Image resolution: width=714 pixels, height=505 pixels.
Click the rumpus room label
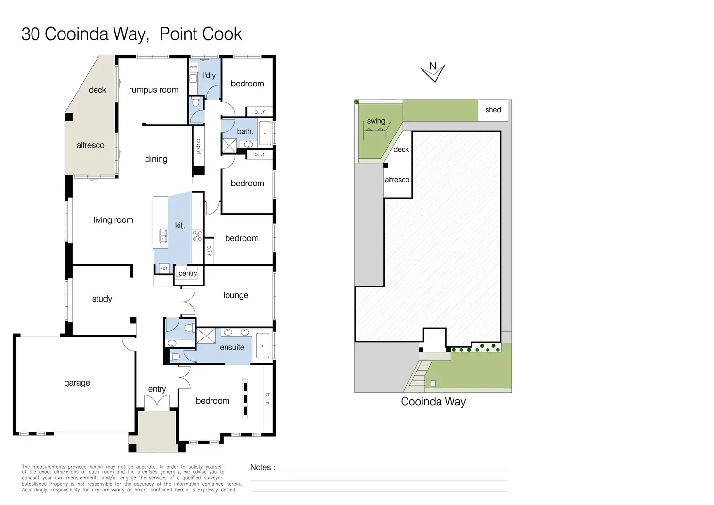point(154,90)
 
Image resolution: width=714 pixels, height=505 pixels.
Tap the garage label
point(77,383)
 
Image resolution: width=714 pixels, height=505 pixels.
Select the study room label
point(102,299)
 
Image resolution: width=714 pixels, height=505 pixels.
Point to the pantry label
point(188,273)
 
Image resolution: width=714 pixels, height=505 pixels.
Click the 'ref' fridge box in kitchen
point(164,269)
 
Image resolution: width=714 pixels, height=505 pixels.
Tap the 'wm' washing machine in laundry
point(194,67)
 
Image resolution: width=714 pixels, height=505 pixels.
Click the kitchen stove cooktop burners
point(197,236)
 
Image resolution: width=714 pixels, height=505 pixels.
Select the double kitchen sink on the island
point(163,236)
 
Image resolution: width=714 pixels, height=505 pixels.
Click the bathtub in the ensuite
point(262,346)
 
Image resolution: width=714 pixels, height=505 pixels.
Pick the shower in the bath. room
point(229,146)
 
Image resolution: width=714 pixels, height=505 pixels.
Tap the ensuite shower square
point(206,336)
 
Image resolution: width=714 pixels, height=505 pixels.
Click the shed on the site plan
point(493,110)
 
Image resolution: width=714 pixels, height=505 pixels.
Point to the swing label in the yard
point(376,121)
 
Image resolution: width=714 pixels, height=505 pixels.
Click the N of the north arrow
point(433,66)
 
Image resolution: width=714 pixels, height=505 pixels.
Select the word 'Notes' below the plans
point(260,467)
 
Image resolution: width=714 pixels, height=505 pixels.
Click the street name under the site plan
point(433,402)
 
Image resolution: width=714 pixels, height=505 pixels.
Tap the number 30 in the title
point(31,34)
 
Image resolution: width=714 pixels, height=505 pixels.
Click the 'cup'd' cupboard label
point(198,147)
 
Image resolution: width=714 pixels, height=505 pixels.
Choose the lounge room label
point(236,295)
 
